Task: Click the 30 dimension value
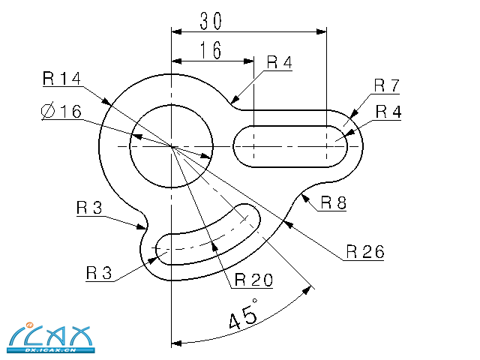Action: (x=211, y=21)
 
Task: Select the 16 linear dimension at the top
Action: (x=211, y=50)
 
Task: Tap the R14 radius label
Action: (x=61, y=78)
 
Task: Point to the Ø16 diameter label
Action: (x=61, y=111)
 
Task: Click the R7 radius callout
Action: (x=387, y=85)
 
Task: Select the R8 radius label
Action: (x=333, y=202)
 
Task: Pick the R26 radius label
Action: (x=365, y=252)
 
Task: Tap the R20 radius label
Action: (x=253, y=280)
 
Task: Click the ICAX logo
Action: (x=51, y=337)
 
